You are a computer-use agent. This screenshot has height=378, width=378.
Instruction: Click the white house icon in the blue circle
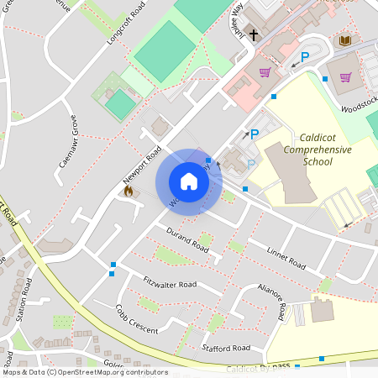click(x=188, y=181)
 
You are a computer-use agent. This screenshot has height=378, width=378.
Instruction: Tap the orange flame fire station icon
click(x=129, y=191)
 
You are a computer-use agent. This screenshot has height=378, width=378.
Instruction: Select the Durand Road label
click(x=186, y=240)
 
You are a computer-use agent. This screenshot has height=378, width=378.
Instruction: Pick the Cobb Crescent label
click(x=135, y=320)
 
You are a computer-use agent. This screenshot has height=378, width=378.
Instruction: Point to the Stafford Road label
click(x=226, y=347)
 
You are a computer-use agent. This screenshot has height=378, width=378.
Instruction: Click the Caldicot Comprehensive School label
click(x=318, y=149)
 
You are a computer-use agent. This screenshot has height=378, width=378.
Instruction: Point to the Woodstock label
click(x=360, y=103)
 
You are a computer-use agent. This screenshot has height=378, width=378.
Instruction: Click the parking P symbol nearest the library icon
click(x=305, y=57)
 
